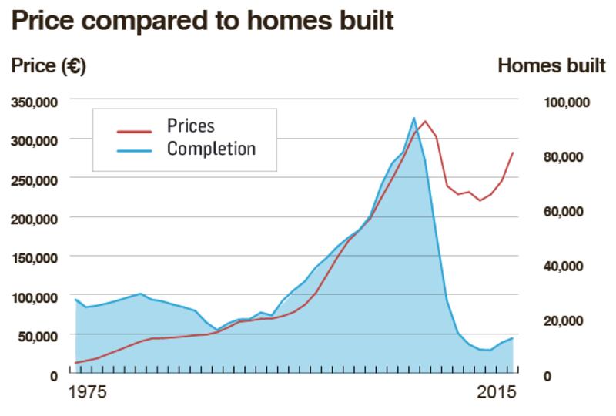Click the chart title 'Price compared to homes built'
click(202, 22)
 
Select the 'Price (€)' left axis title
click(48, 66)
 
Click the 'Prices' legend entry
click(190, 126)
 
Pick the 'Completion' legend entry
click(210, 148)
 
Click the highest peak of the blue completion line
click(414, 118)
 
